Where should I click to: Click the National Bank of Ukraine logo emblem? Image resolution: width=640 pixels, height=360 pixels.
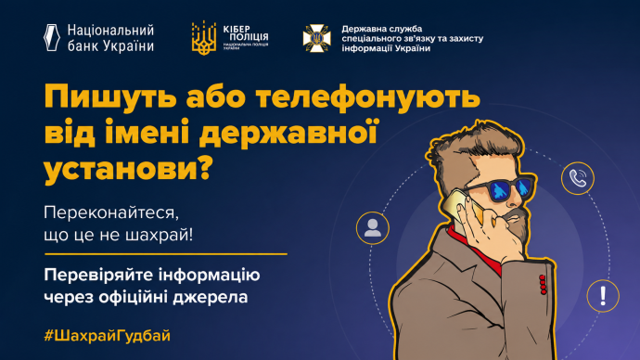click(x=52, y=37)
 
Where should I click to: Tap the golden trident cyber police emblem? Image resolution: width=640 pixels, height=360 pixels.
click(x=204, y=38)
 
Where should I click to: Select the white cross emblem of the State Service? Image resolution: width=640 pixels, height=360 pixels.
click(x=316, y=38)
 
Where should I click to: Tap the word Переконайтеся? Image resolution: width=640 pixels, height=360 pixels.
click(x=111, y=213)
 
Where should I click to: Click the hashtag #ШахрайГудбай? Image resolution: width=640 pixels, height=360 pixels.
click(x=107, y=336)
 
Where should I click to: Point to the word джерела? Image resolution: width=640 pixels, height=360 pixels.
click(x=211, y=297)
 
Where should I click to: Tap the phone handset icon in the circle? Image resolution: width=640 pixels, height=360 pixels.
click(x=578, y=178)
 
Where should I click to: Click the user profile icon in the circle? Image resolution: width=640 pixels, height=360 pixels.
click(x=372, y=227)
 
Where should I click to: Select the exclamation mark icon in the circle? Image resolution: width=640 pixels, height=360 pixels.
click(x=603, y=296)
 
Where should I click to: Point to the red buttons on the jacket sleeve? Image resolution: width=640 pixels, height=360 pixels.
click(x=543, y=285)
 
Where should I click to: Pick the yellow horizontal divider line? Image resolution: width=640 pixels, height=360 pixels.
click(x=166, y=254)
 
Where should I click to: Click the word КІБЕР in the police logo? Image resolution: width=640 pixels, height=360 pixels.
click(x=237, y=29)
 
